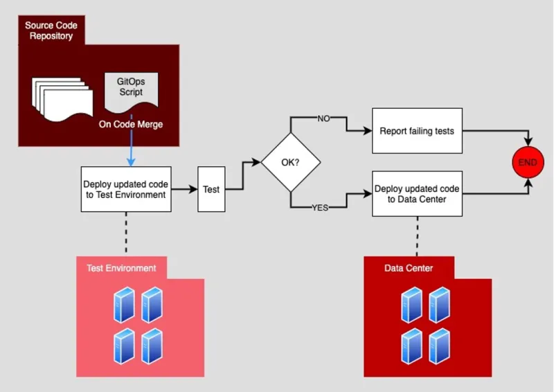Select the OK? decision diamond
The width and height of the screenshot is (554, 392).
290,163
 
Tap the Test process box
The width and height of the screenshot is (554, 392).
212,188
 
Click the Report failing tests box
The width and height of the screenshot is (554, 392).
417,130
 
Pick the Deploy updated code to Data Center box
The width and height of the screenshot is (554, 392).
417,193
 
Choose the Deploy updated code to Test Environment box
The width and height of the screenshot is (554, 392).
125,189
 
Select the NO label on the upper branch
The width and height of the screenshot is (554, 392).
323,118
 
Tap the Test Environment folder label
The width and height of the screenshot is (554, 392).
121,268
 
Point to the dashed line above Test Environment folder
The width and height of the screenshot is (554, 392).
125,233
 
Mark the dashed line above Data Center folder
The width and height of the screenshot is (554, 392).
417,235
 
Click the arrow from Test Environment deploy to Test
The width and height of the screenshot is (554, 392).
184,188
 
